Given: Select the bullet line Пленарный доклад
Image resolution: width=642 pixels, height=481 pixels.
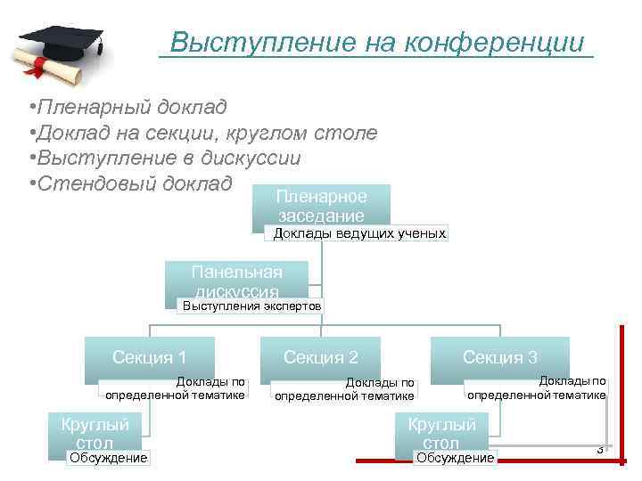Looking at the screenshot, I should point(130,108).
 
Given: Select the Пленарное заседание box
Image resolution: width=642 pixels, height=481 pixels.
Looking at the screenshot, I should point(321,206).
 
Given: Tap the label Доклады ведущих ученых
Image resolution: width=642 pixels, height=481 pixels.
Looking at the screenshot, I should point(358,233).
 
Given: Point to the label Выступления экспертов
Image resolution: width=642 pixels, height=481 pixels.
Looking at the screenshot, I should point(251,306).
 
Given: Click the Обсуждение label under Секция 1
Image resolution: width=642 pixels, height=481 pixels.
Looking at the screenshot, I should point(108,458).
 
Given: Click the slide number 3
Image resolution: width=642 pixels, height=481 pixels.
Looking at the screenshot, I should point(600,449).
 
